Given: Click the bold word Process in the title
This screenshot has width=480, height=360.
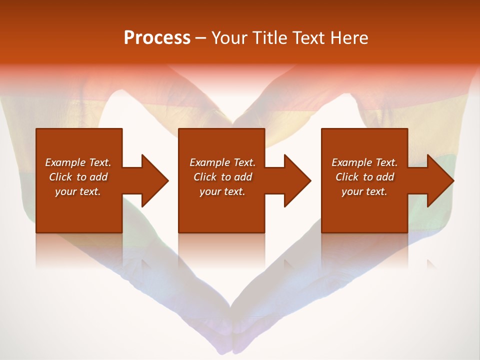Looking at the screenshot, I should click(157, 38).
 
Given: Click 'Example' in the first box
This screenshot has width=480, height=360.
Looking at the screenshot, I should click(65, 162).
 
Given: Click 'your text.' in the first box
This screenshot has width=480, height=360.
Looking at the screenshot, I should click(77, 191).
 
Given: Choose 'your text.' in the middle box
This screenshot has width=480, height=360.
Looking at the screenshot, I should click(222, 191).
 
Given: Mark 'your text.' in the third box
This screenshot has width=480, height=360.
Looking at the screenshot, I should click(364, 191).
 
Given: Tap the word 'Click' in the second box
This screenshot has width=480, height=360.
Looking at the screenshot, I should click(205, 177).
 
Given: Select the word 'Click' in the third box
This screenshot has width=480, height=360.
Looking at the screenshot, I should click(347, 177).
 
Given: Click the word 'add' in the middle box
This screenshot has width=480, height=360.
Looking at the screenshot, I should click(243, 177).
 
